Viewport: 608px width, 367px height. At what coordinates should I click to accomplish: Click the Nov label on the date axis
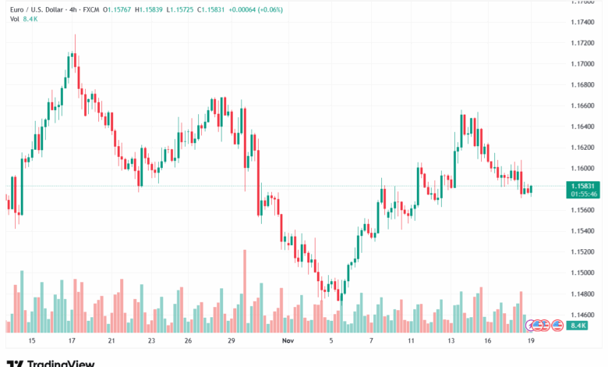click(x=288, y=341)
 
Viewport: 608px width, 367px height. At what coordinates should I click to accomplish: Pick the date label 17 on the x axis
click(x=72, y=341)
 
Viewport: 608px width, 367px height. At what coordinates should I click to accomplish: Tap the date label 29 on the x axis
click(x=232, y=341)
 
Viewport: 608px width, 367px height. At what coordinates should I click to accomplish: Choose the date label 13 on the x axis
click(x=451, y=341)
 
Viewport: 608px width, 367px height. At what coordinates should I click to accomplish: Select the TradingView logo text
click(x=61, y=363)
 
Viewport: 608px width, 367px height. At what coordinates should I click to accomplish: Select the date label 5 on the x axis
click(x=331, y=341)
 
